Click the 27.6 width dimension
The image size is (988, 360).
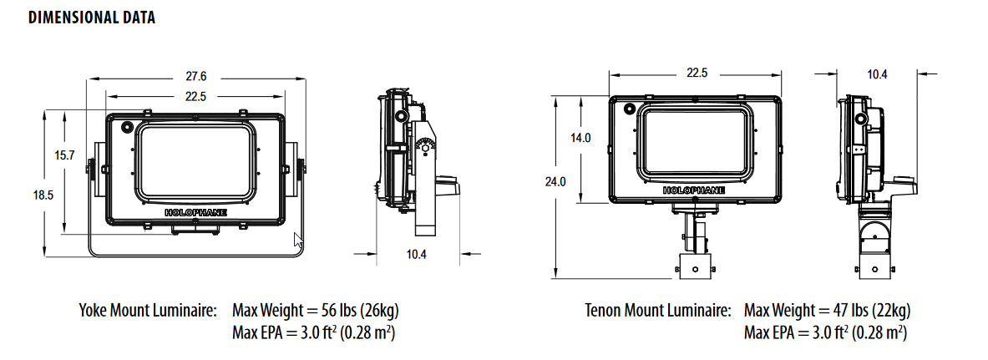coord(195,76)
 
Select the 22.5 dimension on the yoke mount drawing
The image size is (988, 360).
coord(195,97)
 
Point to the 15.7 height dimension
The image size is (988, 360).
coord(64,155)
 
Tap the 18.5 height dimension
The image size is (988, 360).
coord(44,195)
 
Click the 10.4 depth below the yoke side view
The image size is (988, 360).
coord(415,254)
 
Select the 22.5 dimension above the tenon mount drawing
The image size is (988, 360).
coord(697,74)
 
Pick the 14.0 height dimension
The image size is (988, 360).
coord(581,139)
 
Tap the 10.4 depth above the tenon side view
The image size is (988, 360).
coord(877,74)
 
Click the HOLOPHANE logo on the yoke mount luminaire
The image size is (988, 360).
coord(195,212)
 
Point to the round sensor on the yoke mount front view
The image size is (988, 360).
coord(127,128)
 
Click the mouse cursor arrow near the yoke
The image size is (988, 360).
coord(299,243)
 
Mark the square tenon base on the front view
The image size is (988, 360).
coord(696,267)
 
